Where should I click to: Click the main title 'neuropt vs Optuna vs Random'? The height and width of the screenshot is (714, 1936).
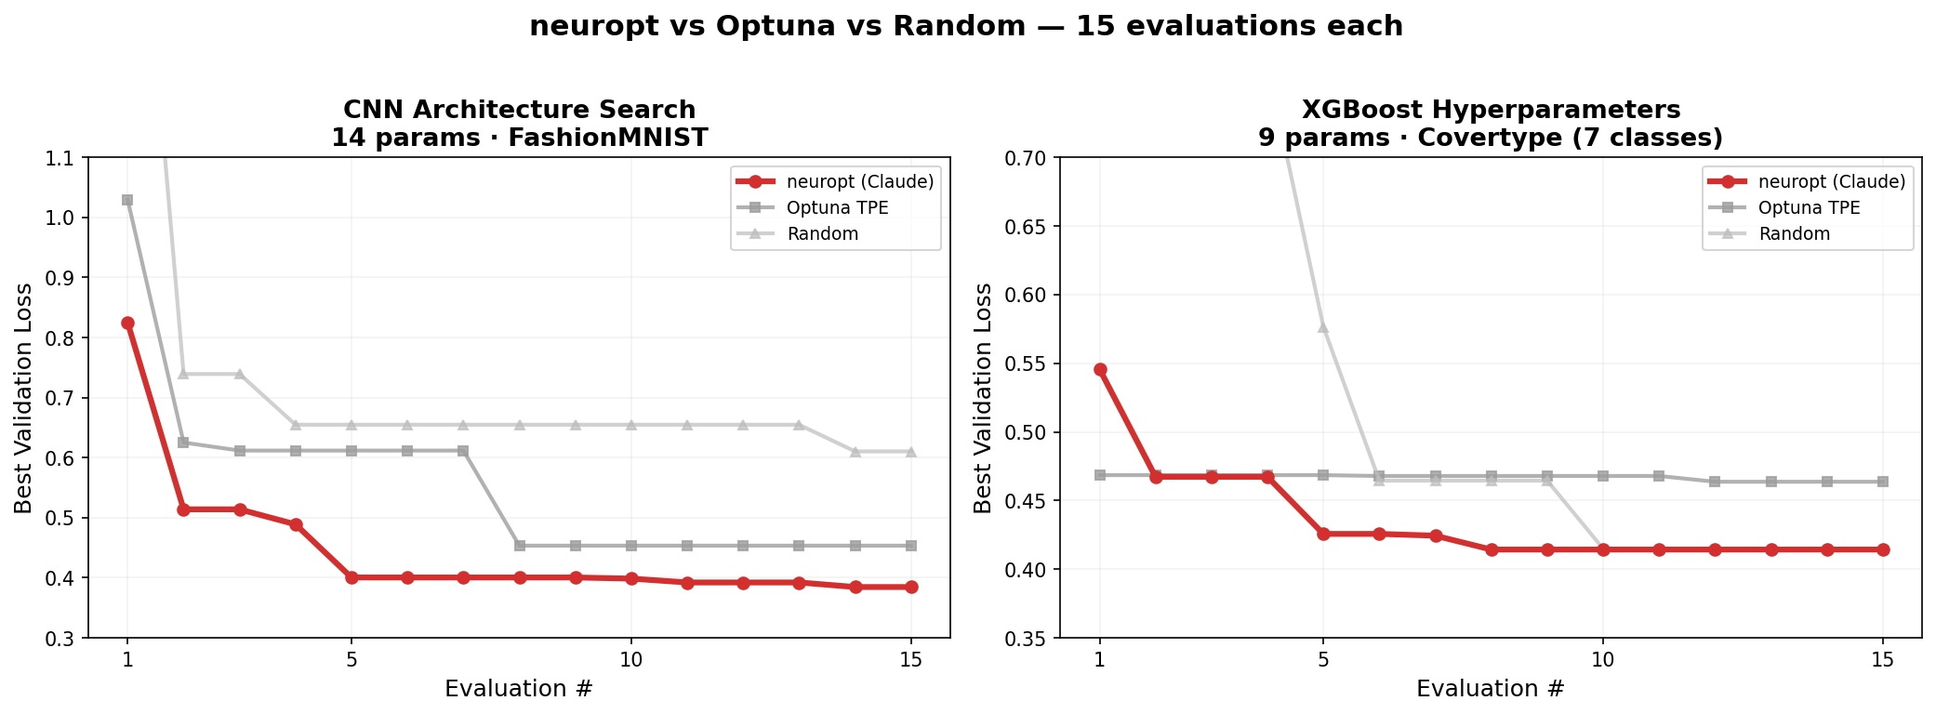tap(966, 26)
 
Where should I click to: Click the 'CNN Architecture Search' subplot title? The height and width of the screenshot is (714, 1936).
tap(519, 110)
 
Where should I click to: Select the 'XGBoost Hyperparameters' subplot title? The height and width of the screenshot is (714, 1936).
tap(1491, 110)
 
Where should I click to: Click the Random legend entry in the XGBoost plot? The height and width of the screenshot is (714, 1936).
tap(1794, 233)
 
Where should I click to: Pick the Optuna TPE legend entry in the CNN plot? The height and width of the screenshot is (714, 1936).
tap(837, 207)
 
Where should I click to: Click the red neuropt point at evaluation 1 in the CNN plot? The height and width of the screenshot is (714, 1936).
tap(127, 323)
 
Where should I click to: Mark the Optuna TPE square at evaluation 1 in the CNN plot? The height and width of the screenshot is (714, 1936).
tap(127, 200)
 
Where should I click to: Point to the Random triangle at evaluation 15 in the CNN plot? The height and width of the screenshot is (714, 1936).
tap(911, 452)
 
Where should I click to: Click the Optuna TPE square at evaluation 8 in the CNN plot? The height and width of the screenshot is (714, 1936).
tap(520, 546)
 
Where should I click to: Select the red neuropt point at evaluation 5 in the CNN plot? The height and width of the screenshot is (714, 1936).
tap(351, 577)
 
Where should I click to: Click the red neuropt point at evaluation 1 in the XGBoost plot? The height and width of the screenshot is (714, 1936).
tap(1100, 369)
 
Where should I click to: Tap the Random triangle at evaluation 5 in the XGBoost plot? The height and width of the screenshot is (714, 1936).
tap(1323, 327)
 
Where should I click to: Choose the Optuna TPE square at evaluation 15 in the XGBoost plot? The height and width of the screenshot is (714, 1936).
tap(1883, 482)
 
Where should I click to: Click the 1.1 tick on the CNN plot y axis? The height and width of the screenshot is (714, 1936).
tap(61, 158)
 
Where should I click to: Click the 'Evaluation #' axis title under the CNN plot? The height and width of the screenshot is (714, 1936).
tap(519, 689)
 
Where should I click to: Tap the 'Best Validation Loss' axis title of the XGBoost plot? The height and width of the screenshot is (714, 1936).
tap(983, 398)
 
